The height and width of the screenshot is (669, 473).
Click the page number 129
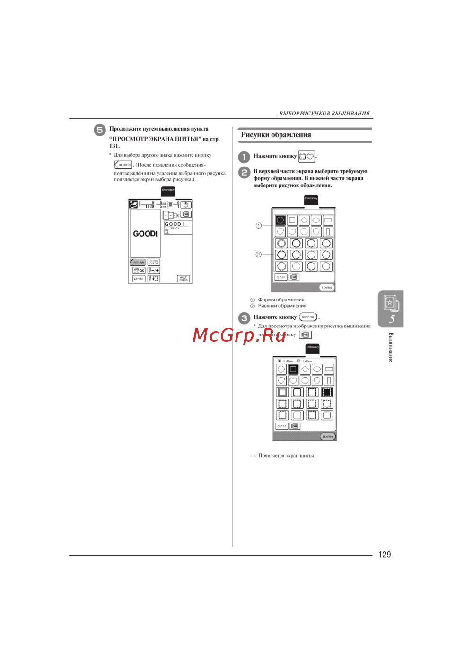click(384, 555)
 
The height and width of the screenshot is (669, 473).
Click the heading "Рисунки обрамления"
click(276, 135)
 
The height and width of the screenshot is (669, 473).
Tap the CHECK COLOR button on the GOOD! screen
click(154, 262)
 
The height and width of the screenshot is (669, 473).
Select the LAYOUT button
click(139, 279)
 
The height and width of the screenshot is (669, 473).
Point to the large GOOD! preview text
click(145, 234)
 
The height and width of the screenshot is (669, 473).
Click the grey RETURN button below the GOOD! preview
click(138, 262)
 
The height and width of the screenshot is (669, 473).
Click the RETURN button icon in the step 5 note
click(123, 165)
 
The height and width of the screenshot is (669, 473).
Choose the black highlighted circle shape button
click(280, 220)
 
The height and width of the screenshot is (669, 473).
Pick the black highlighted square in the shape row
click(293, 369)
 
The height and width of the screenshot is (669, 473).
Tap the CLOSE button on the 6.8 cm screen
click(281, 426)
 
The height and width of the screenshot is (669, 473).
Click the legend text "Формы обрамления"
click(281, 299)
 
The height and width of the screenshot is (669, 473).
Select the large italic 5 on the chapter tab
click(392, 319)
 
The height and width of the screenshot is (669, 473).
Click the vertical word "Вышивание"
click(391, 347)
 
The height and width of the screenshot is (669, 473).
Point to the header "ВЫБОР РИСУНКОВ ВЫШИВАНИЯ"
click(324, 114)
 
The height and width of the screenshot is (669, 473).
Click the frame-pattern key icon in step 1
click(307, 156)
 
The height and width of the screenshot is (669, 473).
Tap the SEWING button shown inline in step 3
click(308, 317)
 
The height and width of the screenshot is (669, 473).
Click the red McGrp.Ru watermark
click(239, 335)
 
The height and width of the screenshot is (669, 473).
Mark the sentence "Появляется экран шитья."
click(286, 456)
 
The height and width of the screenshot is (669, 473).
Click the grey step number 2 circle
click(244, 172)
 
